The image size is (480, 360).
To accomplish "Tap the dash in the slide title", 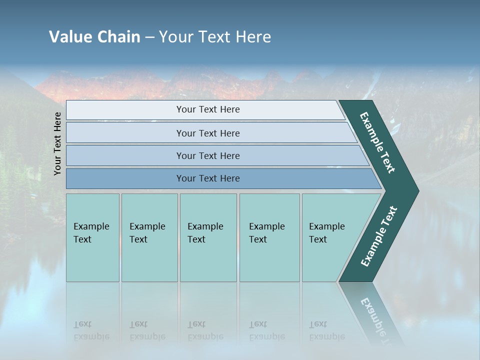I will (149, 37).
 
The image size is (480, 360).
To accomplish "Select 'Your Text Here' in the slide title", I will (215, 37).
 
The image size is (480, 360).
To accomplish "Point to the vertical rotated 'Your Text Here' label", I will (57, 143).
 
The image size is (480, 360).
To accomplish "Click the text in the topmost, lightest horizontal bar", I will (208, 109).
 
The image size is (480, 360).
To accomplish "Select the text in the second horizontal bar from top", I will (208, 133).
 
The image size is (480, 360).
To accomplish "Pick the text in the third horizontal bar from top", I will (208, 155).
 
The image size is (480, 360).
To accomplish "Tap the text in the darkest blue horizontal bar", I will (208, 178).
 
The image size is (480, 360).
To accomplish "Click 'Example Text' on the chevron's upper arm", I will (377, 142).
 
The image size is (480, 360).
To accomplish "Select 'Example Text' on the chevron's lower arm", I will (378, 236).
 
